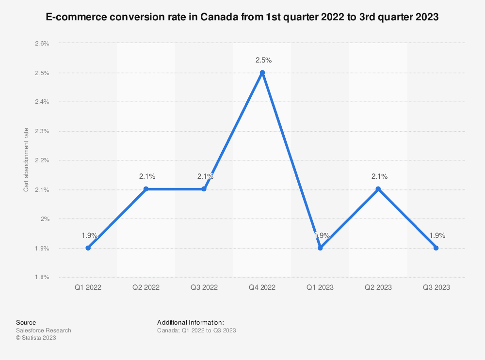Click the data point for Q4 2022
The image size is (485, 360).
(x=262, y=73)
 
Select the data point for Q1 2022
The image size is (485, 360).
(x=88, y=248)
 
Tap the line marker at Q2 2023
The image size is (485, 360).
(x=378, y=189)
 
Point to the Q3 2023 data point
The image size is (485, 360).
(x=436, y=248)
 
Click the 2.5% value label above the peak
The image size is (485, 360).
(x=264, y=61)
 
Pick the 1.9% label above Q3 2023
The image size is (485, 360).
(x=437, y=235)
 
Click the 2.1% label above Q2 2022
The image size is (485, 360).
(x=147, y=176)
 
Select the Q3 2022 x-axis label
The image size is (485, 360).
(x=204, y=287)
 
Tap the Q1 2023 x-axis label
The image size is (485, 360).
(x=320, y=287)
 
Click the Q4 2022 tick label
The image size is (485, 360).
(x=262, y=287)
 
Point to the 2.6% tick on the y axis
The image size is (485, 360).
(x=42, y=44)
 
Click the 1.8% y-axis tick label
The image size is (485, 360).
(x=42, y=277)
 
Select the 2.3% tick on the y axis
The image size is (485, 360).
(x=42, y=131)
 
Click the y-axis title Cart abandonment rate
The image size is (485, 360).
(x=27, y=160)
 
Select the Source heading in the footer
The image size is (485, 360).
(x=26, y=322)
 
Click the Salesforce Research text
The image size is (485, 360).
(x=44, y=330)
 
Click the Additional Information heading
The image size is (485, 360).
(x=190, y=322)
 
